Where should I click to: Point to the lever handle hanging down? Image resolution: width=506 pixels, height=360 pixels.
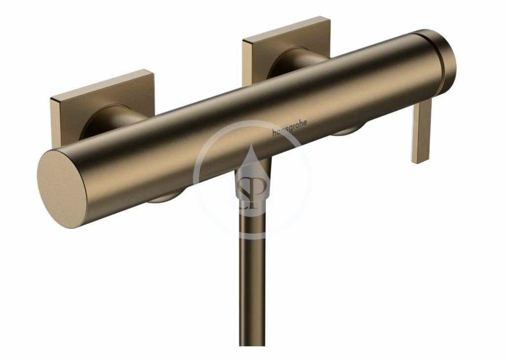point(422,131)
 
